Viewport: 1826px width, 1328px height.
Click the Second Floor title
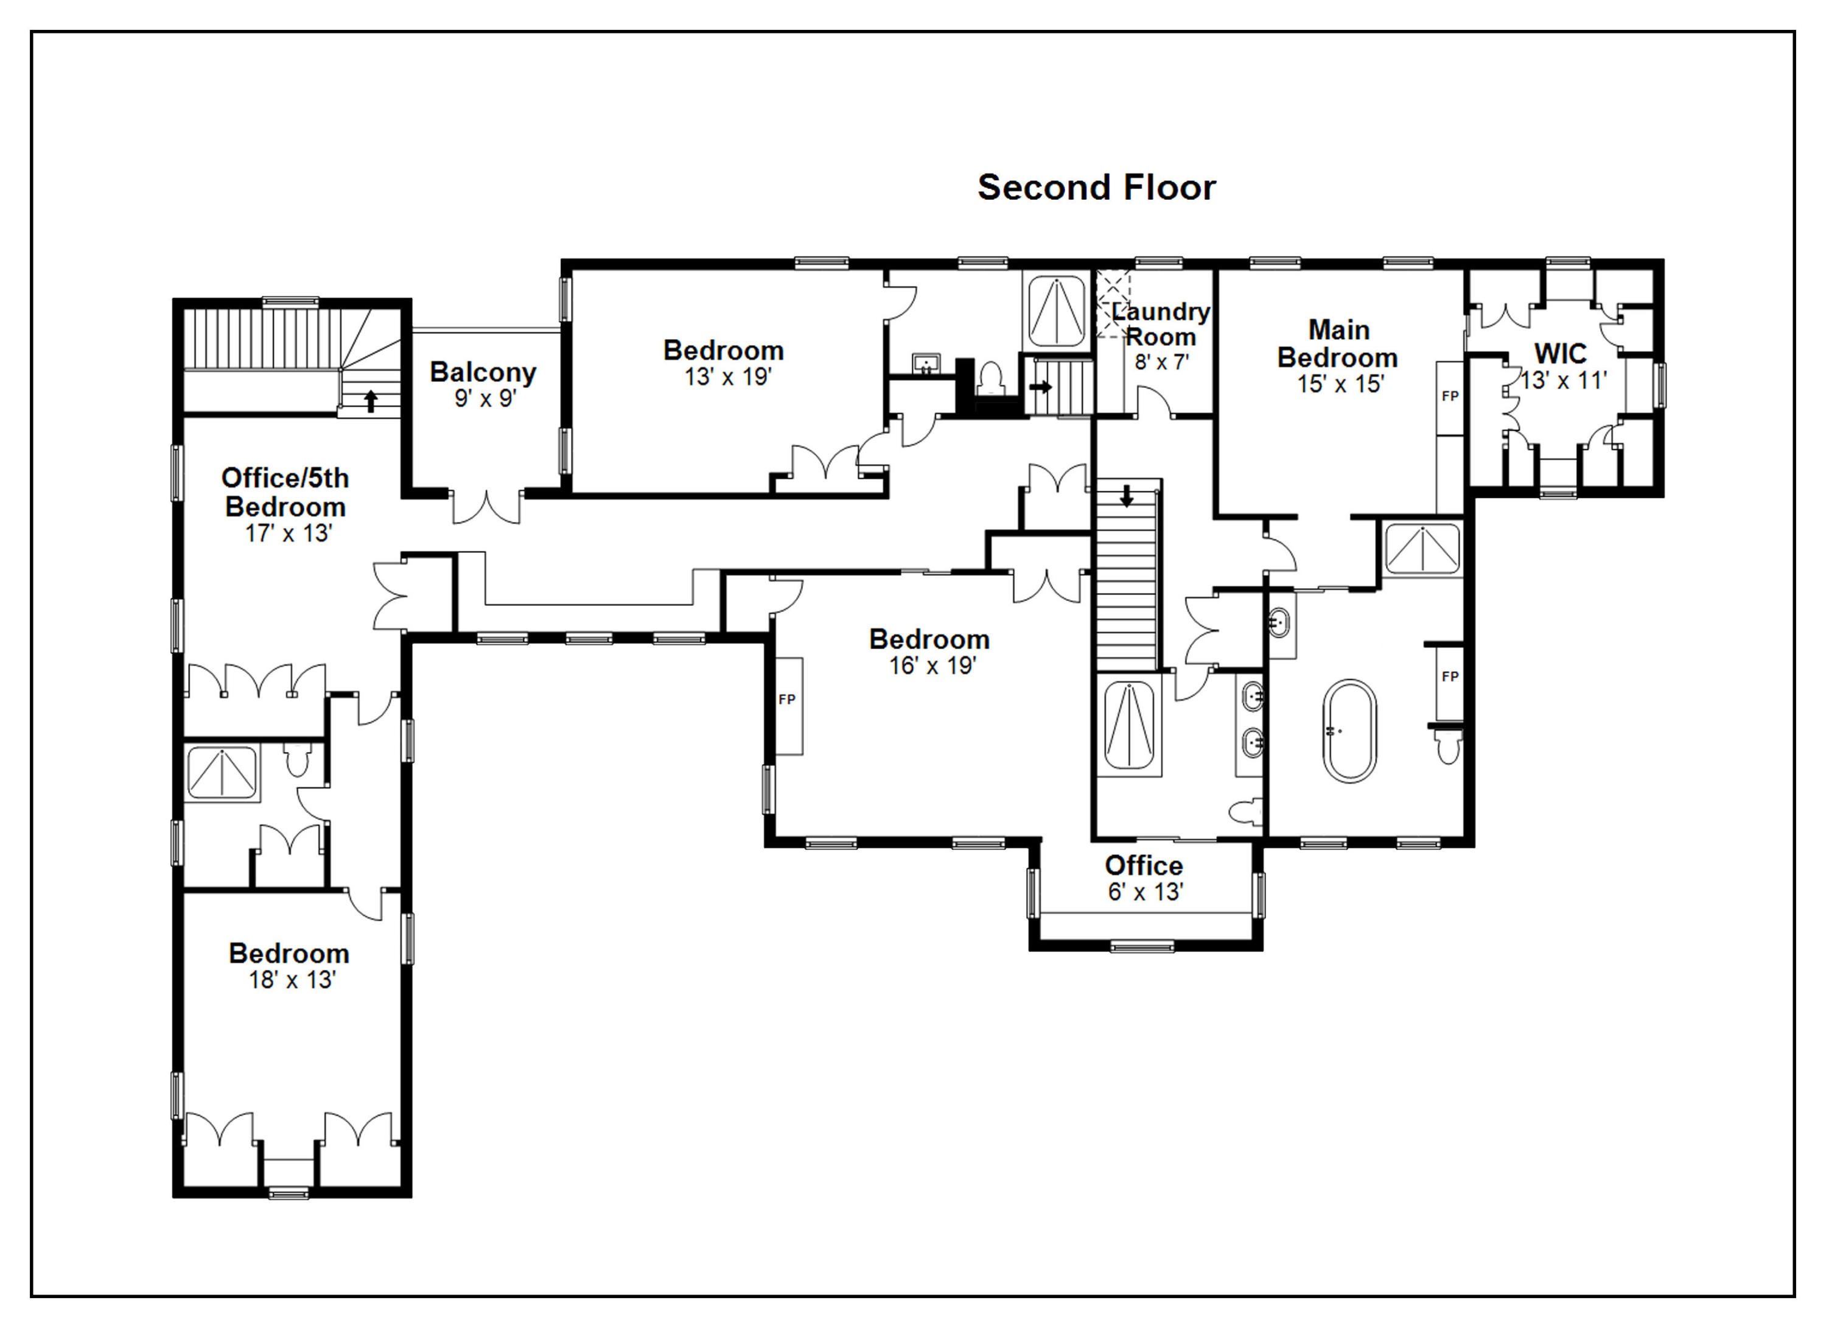click(x=1097, y=188)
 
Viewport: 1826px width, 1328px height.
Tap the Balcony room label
click(x=483, y=372)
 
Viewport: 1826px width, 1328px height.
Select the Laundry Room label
click(x=1160, y=324)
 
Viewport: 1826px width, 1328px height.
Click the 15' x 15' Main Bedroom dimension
click(x=1340, y=384)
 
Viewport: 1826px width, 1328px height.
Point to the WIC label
click(x=1560, y=354)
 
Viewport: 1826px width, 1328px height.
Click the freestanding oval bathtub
click(x=1349, y=731)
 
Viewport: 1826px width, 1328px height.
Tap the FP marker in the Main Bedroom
click(x=1450, y=396)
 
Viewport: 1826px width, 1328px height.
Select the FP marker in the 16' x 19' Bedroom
click(x=786, y=700)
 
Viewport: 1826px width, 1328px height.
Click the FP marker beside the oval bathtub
click(x=1450, y=676)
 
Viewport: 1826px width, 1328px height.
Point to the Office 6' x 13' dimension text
click(x=1145, y=892)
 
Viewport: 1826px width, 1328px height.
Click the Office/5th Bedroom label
click(x=286, y=492)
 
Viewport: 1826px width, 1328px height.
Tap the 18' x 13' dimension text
click(x=292, y=980)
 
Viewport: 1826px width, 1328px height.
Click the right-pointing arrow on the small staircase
click(x=1041, y=387)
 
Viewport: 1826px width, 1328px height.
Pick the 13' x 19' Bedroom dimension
click(x=728, y=377)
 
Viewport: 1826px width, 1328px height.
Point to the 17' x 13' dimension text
click(x=289, y=533)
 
